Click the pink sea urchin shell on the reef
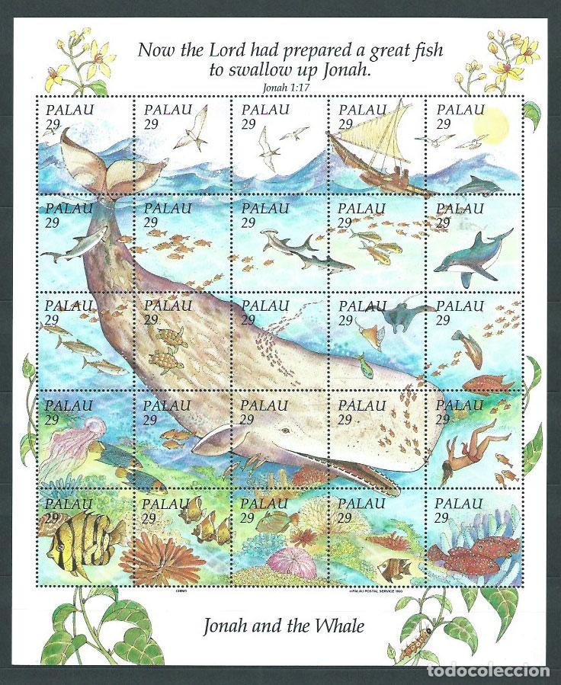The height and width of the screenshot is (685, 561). click(x=291, y=562)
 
